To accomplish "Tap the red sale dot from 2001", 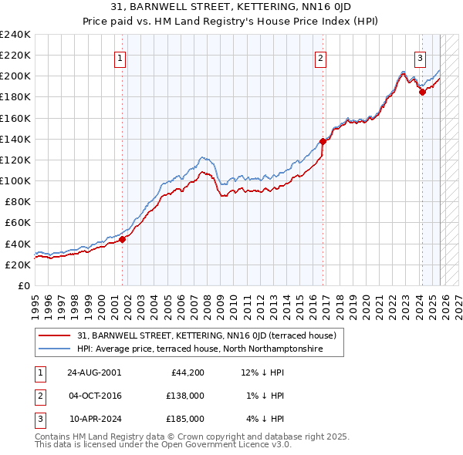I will [x=123, y=239].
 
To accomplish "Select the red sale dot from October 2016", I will [x=323, y=141].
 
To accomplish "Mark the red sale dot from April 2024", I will [x=422, y=92].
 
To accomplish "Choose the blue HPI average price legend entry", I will [x=198, y=349].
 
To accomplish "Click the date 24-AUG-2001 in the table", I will [x=94, y=372].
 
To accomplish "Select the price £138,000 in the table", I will [x=186, y=396].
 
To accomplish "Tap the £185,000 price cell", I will [x=186, y=419].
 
